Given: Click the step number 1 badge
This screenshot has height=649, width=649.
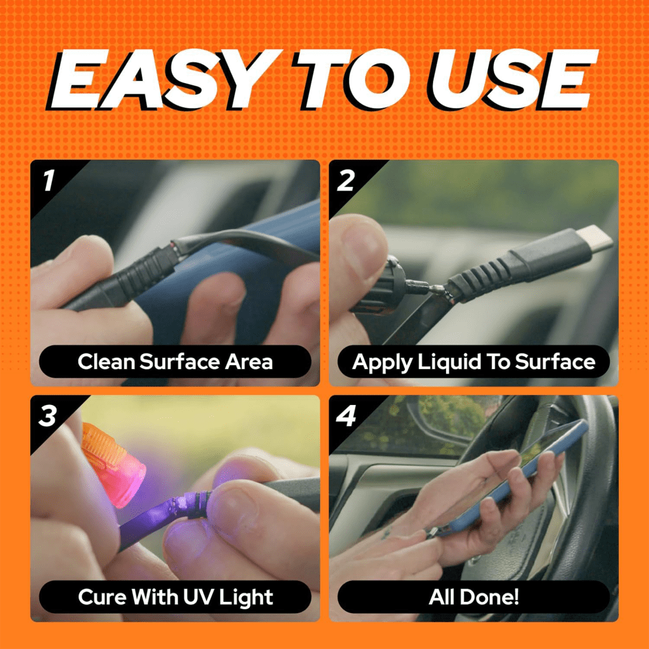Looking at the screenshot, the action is [x=49, y=181].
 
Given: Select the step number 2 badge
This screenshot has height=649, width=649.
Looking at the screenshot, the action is [x=345, y=181].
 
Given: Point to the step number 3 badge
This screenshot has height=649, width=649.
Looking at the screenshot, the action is [x=48, y=415].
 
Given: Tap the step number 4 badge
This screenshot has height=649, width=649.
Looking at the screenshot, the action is [x=346, y=415].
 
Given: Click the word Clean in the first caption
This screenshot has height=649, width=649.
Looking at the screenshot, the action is [x=107, y=361].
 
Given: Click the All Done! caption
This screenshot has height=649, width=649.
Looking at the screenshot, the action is [x=474, y=597].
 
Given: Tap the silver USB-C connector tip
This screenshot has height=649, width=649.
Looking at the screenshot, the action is [x=595, y=238].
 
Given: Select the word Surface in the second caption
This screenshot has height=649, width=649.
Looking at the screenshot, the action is [x=555, y=361].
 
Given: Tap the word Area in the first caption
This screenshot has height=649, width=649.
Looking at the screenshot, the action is [x=249, y=361].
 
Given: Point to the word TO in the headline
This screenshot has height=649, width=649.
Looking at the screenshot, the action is [x=351, y=79].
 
